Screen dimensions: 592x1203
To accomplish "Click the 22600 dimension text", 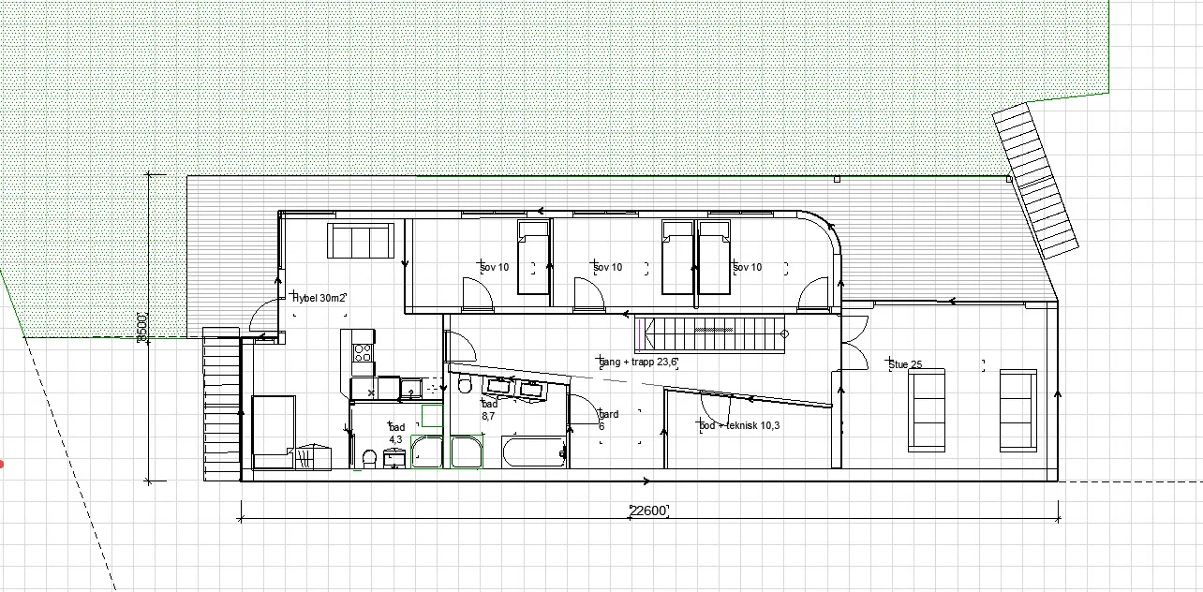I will [647, 511].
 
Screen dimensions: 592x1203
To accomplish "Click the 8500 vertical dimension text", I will [142, 327].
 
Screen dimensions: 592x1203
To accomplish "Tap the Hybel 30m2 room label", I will [319, 298].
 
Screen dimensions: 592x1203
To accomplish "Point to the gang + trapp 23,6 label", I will [638, 361].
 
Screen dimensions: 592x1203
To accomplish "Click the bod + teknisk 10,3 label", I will [739, 425].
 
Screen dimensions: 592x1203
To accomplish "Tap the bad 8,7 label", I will [490, 409].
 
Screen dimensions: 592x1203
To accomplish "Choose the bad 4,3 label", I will [396, 433].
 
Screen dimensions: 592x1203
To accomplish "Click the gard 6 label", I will [608, 420].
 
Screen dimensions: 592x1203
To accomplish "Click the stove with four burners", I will [363, 353].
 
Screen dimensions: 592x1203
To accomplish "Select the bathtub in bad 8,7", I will [534, 451].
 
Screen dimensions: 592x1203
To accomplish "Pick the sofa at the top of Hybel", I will [360, 241].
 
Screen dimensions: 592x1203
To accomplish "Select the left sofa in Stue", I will [926, 410].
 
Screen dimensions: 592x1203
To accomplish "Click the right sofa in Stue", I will [1017, 410].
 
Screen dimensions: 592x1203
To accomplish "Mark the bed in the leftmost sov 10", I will [532, 257].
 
